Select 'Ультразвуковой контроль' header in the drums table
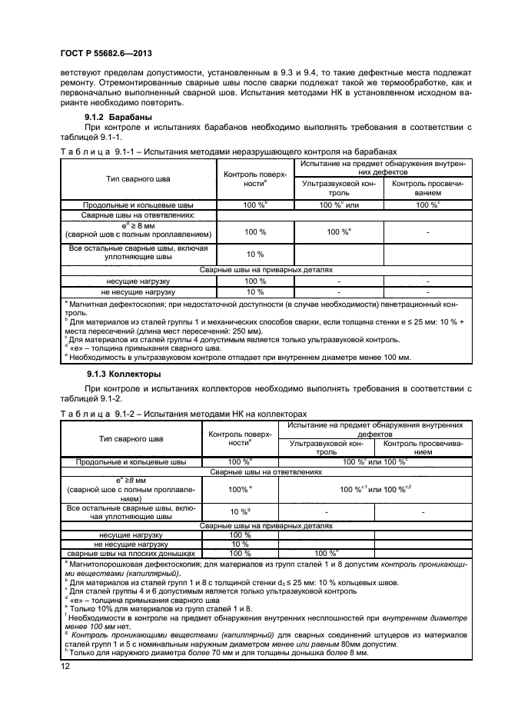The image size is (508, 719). (339, 188)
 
